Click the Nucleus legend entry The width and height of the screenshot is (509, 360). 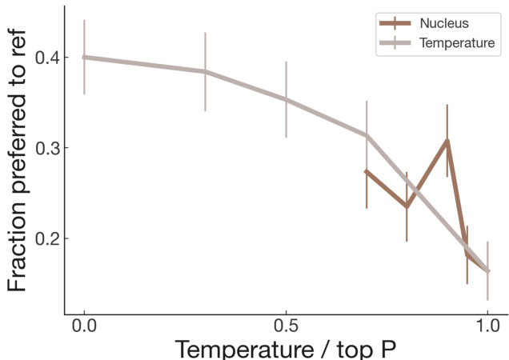[x=449, y=23]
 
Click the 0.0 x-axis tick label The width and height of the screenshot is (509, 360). [x=84, y=327]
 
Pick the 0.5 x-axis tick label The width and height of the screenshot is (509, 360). [x=286, y=327]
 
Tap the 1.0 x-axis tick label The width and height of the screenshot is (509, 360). [x=487, y=327]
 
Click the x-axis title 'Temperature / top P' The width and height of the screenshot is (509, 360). [x=286, y=349]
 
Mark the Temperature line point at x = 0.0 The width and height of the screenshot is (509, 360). [x=84, y=57]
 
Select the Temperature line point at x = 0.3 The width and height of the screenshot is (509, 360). [x=205, y=71]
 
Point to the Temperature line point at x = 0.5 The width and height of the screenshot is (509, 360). [x=286, y=99]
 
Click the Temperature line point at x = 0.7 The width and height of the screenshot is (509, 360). [x=367, y=134]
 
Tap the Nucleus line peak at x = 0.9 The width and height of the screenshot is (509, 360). [x=447, y=140]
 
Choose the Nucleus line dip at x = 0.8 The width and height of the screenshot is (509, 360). [x=407, y=206]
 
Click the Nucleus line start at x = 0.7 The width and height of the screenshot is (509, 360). [x=367, y=171]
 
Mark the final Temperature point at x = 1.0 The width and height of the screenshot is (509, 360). [x=487, y=271]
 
